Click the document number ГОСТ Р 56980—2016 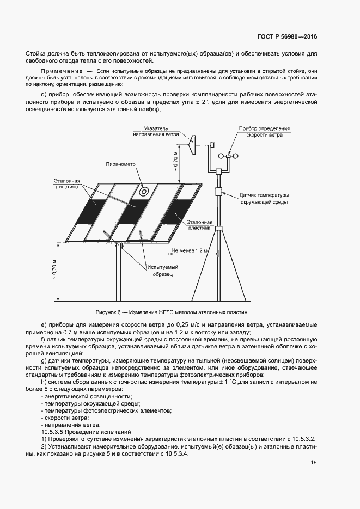pyautogui.click(x=287, y=37)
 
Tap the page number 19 pyautogui.click(x=314, y=463)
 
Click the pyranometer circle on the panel pyautogui.click(x=144, y=192)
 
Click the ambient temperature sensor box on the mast pyautogui.click(x=218, y=192)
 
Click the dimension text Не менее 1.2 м pyautogui.click(x=190, y=251)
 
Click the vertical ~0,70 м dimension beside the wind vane pyautogui.click(x=175, y=161)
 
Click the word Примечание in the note pyautogui.click(x=62, y=71)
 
